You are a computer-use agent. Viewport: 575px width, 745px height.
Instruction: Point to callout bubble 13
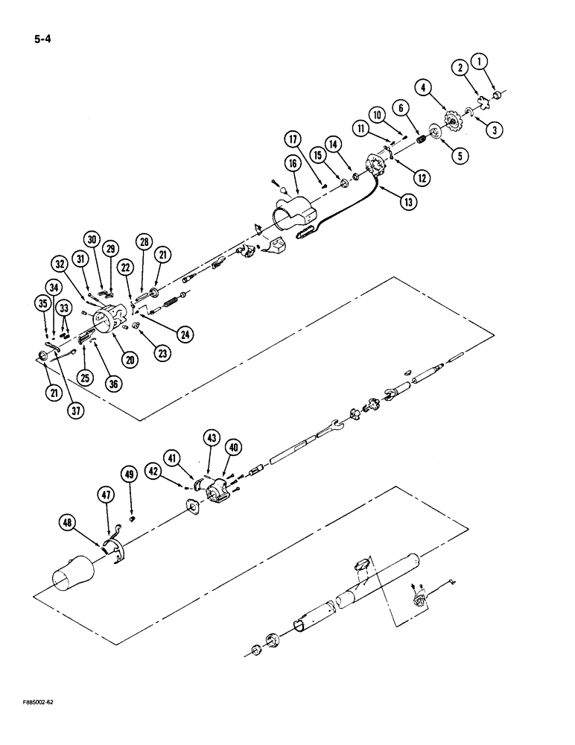407,200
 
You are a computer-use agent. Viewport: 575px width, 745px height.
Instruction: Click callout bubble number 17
291,139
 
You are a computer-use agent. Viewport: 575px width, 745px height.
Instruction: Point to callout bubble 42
153,470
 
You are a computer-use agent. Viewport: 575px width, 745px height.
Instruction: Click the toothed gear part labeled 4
451,121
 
